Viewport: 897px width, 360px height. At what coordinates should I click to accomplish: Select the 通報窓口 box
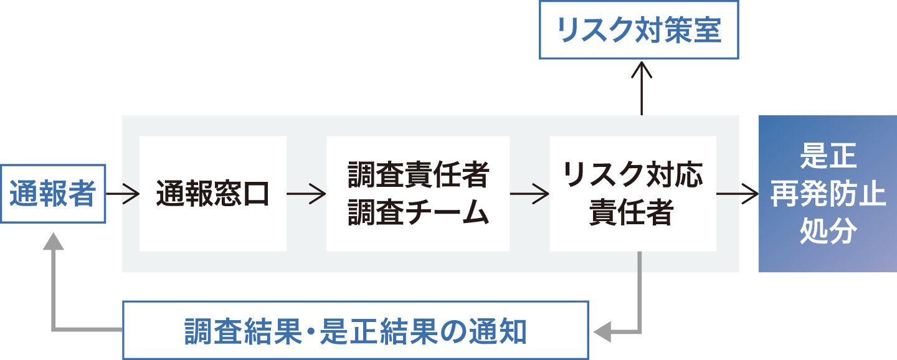[213, 194]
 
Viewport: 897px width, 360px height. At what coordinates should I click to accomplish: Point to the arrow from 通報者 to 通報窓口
[123, 194]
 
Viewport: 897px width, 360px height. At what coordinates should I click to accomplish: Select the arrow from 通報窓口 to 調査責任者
[306, 194]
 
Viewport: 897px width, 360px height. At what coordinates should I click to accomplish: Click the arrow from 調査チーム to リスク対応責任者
[529, 194]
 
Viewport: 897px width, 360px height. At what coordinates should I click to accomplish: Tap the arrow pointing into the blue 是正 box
[738, 194]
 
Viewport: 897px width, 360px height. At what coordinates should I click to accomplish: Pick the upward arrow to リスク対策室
[642, 88]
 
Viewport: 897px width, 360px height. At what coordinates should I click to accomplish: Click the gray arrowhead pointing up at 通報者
[54, 241]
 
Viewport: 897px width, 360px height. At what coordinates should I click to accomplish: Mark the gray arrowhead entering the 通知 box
[602, 332]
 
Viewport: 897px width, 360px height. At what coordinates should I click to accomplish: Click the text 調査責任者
[419, 175]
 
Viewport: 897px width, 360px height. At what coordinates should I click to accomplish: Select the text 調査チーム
[419, 212]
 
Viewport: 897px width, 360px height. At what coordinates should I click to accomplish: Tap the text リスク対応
[633, 175]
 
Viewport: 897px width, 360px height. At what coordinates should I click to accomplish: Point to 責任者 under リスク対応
[632, 212]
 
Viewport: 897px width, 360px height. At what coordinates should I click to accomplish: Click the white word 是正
[828, 156]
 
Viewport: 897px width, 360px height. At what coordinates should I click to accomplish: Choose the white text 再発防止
[828, 194]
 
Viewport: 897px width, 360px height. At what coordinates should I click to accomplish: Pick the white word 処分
[828, 231]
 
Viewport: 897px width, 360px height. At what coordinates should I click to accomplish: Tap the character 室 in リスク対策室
[708, 30]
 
